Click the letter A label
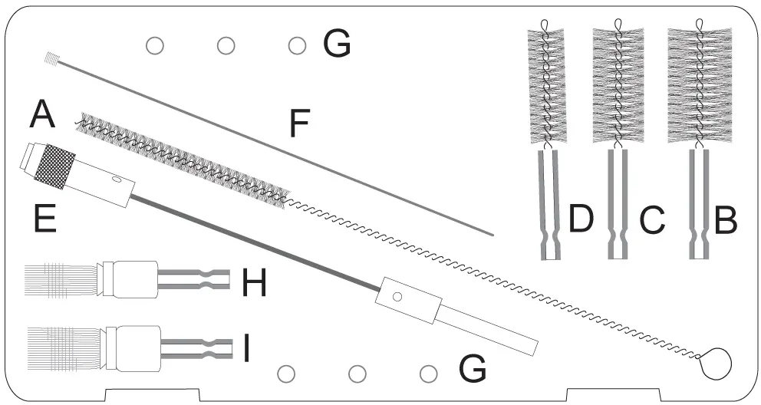tap(43, 117)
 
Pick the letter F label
tap(304, 124)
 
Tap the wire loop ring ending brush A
tap(717, 362)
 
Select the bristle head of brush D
tap(546, 84)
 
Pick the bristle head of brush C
tap(619, 84)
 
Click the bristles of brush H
tap(61, 281)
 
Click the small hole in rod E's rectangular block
tap(397, 296)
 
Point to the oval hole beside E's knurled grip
tap(116, 180)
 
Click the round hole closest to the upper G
tap(296, 46)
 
